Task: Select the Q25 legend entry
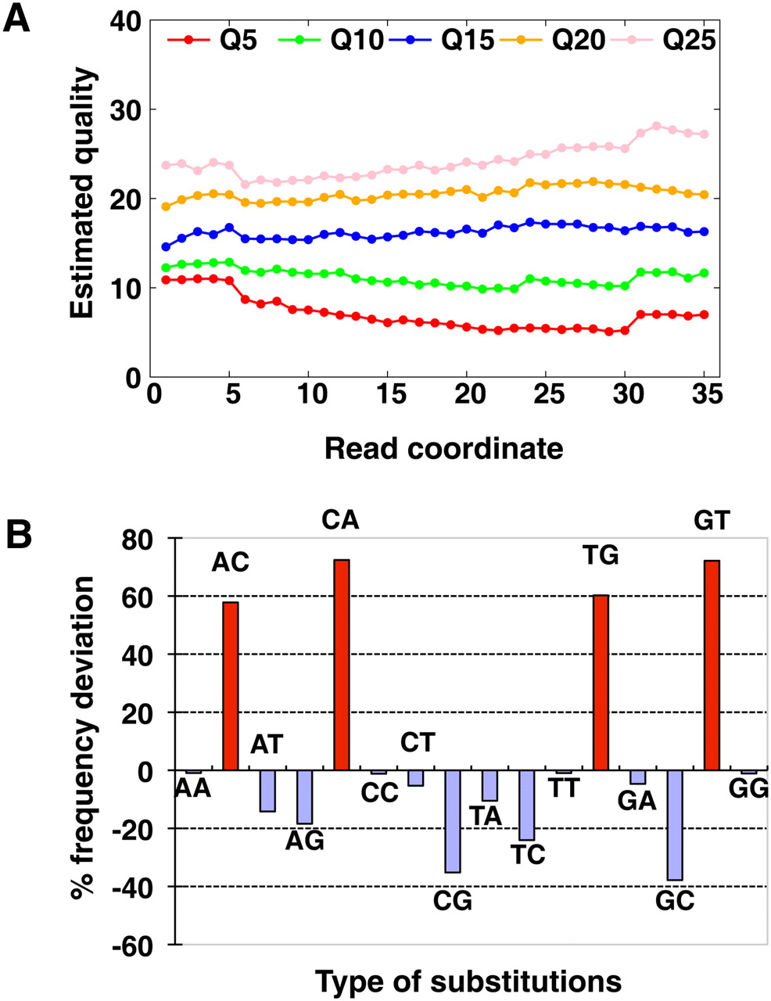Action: (669, 40)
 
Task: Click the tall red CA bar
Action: (342, 665)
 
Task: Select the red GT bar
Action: (712, 665)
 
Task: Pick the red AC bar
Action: (231, 686)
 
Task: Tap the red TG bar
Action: (601, 683)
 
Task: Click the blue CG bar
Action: (453, 821)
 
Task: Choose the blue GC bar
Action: (674, 825)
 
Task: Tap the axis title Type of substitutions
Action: (468, 981)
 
